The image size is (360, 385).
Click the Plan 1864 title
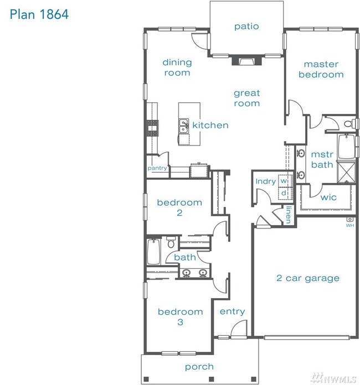(39, 14)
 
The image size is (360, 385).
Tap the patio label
(246, 27)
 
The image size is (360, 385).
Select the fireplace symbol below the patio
(247, 61)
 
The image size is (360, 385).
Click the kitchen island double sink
(183, 126)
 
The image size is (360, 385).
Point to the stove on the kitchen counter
(152, 128)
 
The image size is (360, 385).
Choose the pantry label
(157, 168)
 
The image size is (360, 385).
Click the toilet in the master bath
(349, 123)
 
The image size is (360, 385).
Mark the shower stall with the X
(346, 172)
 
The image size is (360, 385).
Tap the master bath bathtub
(347, 147)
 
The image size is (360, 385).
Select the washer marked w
(285, 181)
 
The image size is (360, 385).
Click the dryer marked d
(285, 192)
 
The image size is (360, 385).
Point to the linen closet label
(289, 215)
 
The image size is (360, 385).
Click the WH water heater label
(350, 225)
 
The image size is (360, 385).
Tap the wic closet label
(328, 197)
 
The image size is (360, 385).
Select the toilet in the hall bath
(171, 242)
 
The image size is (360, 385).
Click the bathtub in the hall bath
(154, 252)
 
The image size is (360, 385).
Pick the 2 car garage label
(308, 278)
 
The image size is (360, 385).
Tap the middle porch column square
(210, 379)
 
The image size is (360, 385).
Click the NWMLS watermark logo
(333, 378)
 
